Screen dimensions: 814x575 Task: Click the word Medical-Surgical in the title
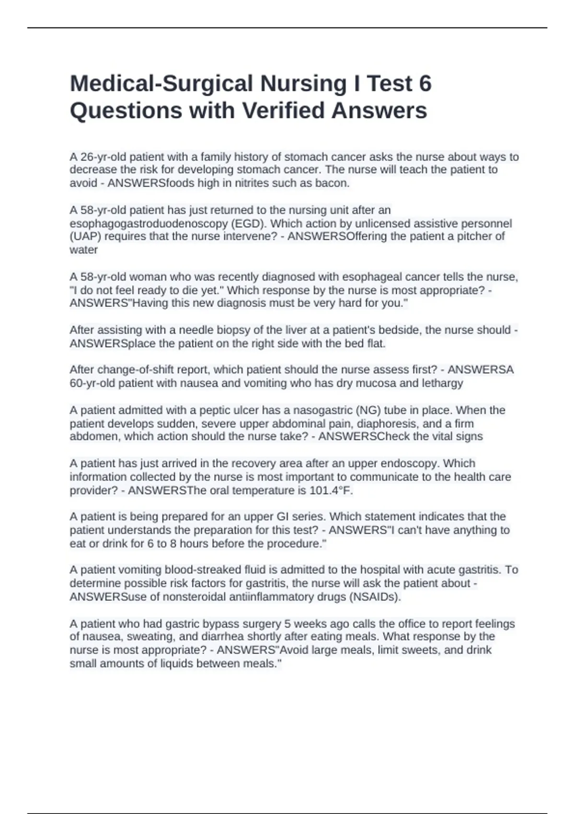(161, 84)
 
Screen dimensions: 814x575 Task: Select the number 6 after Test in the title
(425, 84)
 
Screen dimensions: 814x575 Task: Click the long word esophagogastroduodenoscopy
(149, 224)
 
